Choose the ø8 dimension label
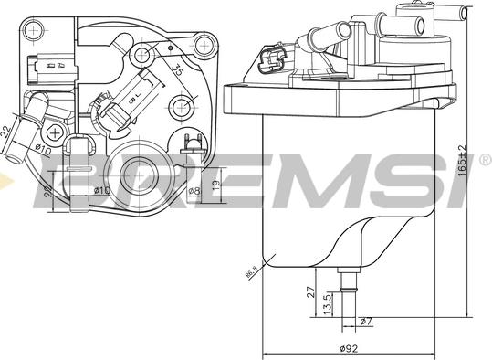(194, 190)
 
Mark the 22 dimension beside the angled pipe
(5, 133)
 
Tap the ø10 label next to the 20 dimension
(101, 190)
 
